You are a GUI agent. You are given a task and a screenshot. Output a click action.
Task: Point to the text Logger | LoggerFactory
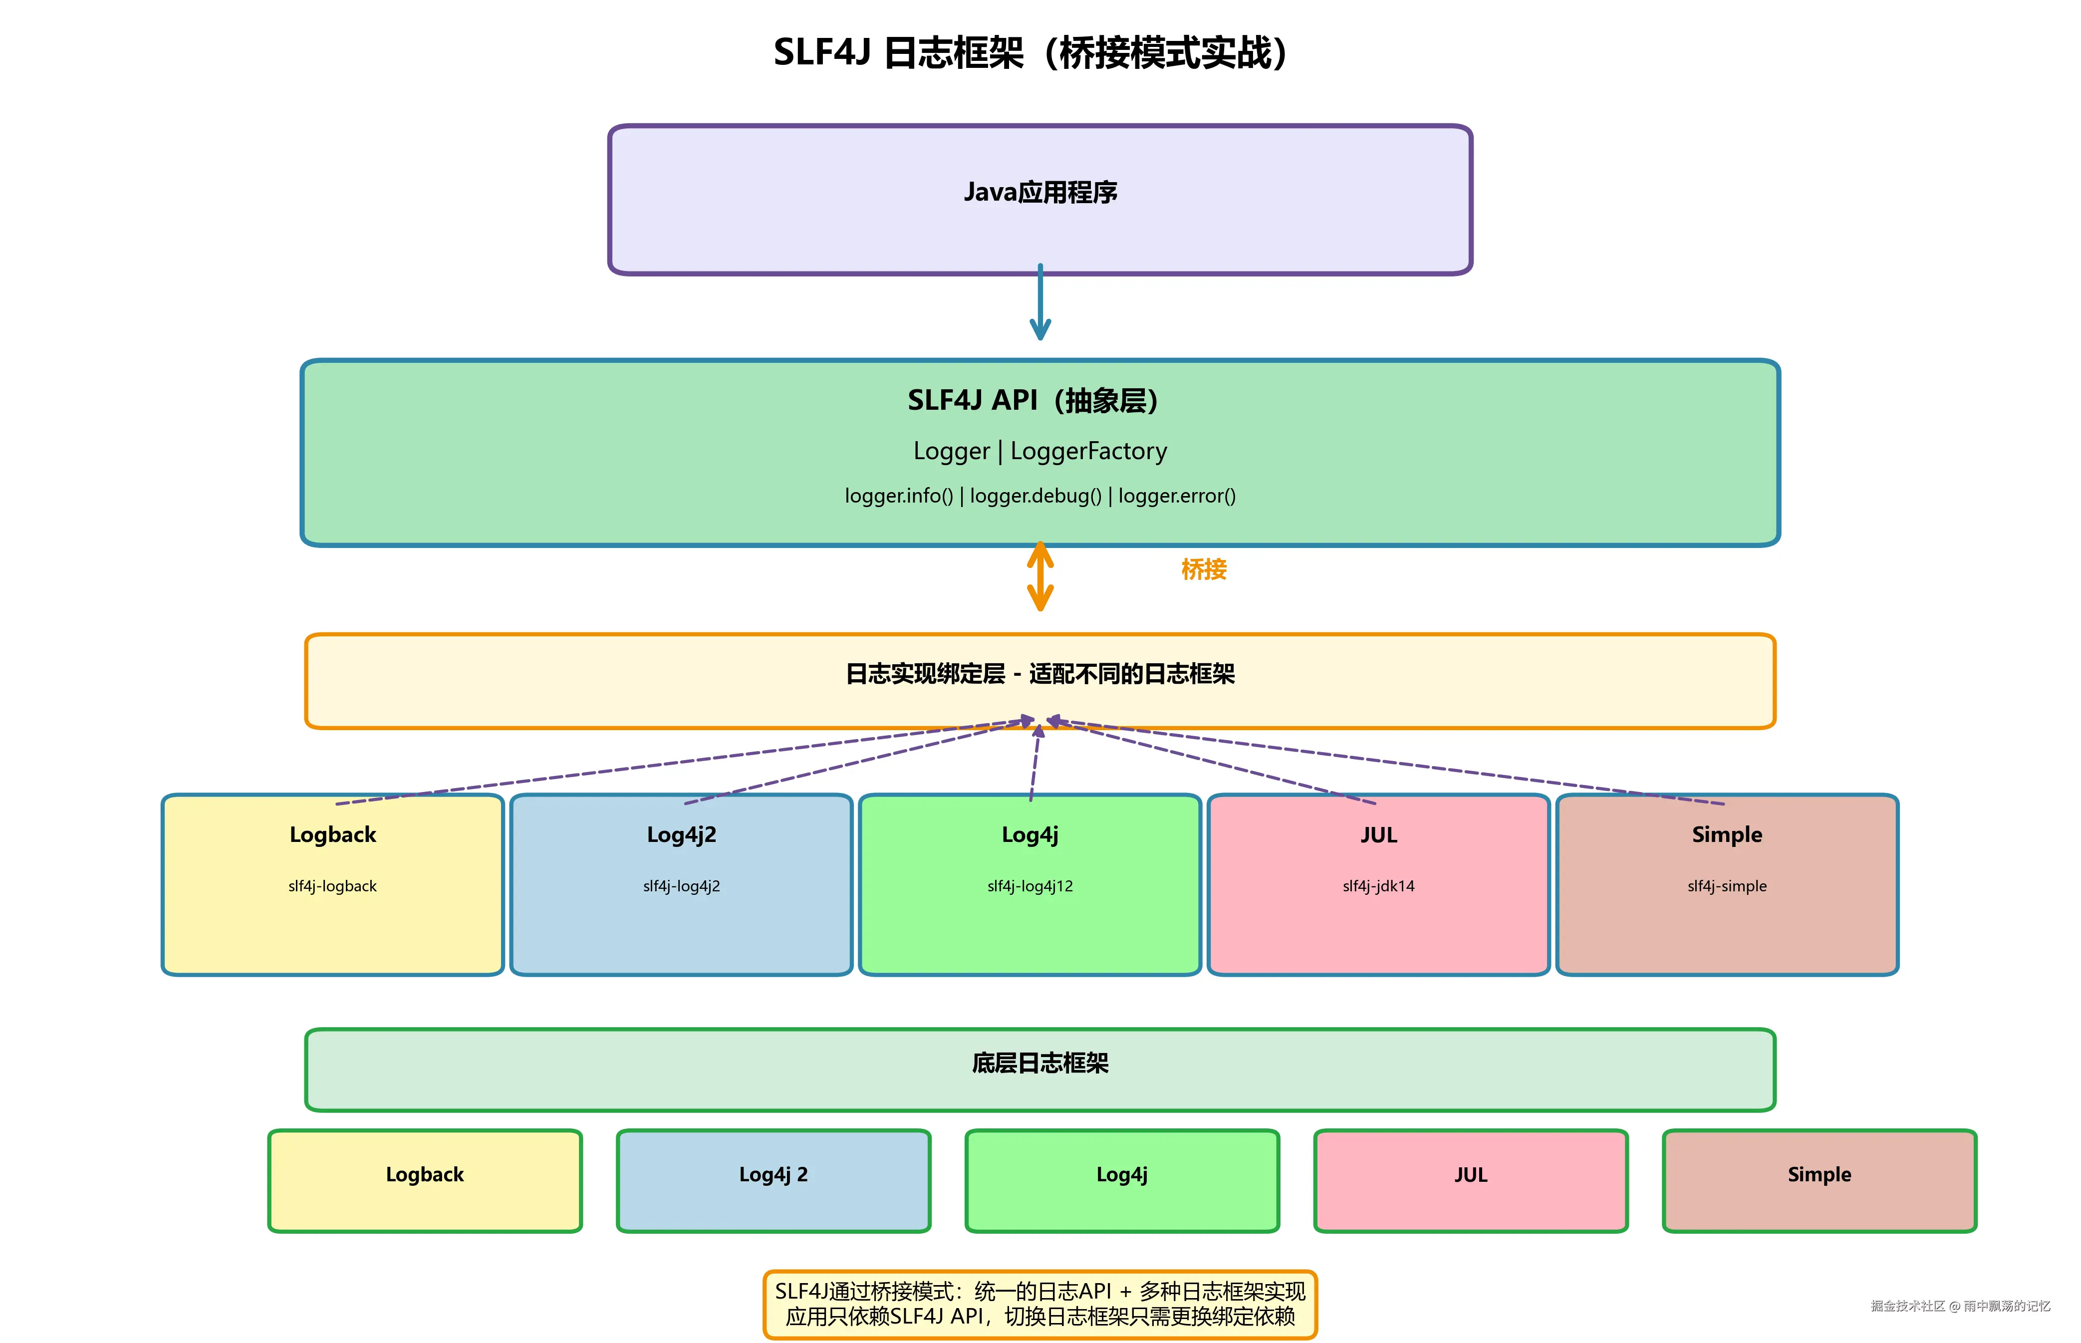[1040, 451]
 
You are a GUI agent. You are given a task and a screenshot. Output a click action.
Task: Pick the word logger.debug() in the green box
[1036, 496]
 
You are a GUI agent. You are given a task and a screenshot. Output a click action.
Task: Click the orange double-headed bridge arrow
[1040, 576]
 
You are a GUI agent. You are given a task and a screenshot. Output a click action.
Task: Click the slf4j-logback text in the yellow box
[332, 886]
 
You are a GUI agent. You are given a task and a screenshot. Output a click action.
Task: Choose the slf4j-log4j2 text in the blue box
[681, 886]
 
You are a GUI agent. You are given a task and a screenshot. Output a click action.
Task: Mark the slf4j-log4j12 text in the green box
[1030, 886]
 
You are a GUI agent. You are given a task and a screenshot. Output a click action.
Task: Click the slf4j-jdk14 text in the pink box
[1378, 886]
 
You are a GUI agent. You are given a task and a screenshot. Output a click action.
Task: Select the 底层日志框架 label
[1040, 1063]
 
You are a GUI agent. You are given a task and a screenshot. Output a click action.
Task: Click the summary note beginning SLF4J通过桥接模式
[1040, 1304]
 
